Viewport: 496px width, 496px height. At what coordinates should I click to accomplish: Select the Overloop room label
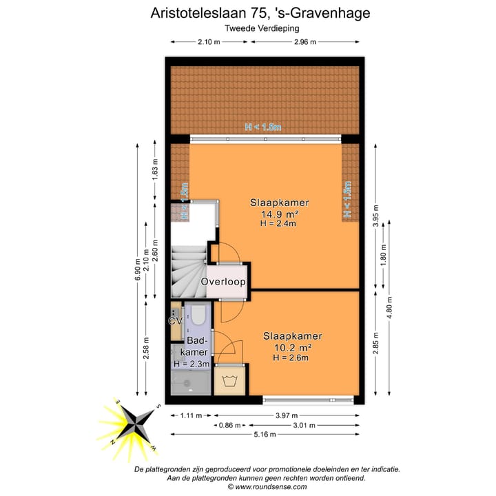224,282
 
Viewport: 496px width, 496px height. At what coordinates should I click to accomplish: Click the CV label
175,320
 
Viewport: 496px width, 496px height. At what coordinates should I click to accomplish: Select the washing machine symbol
229,381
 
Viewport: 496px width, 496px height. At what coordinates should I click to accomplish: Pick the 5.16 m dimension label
265,435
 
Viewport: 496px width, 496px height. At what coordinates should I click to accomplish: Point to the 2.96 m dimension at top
304,42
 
